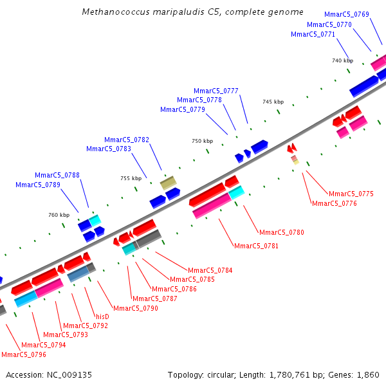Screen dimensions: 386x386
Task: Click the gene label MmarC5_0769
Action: click(347, 14)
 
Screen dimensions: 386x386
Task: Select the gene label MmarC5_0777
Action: click(216, 91)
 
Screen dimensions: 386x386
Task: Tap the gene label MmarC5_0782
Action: click(127, 140)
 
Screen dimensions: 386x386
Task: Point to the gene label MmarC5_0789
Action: click(38, 185)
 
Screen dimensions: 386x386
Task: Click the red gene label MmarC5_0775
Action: click(351, 194)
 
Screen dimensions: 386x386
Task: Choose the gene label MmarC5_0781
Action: click(257, 246)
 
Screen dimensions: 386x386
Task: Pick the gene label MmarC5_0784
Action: click(210, 270)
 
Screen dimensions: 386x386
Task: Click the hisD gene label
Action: click(102, 317)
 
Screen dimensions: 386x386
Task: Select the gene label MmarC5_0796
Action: click(24, 354)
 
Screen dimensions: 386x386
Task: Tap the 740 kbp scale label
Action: click(342, 60)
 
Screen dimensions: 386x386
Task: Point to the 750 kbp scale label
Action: click(202, 141)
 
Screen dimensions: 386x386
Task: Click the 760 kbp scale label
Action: click(59, 215)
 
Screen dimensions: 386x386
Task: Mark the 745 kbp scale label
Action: click(273, 102)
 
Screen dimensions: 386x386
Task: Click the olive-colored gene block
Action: click(169, 183)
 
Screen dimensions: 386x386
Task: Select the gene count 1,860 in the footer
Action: click(367, 374)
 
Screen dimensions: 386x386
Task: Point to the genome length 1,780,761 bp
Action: click(286, 374)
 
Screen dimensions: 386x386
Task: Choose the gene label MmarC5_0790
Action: click(136, 308)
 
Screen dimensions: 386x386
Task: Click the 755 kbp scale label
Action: click(131, 178)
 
